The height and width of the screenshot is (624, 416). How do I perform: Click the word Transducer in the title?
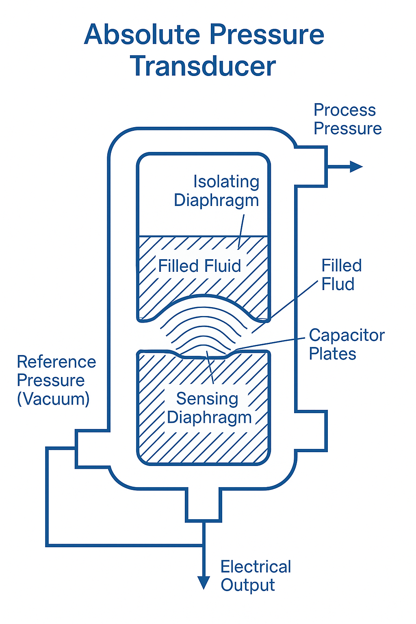(x=203, y=66)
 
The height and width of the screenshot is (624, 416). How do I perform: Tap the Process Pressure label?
(x=347, y=119)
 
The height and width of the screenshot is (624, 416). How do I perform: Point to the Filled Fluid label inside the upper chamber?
(x=199, y=266)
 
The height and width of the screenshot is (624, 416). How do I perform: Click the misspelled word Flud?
(x=338, y=284)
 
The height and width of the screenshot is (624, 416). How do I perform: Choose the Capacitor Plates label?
(x=346, y=344)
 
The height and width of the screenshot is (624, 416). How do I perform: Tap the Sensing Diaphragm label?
(x=209, y=408)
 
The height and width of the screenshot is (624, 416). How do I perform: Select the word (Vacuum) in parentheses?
(x=53, y=399)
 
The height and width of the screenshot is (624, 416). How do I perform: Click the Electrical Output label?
(x=256, y=576)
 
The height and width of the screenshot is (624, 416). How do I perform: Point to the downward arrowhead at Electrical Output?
(x=203, y=582)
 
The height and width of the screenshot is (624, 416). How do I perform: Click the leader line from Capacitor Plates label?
(x=270, y=343)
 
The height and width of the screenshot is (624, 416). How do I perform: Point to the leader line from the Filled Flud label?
(x=292, y=301)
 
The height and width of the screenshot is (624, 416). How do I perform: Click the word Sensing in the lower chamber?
(x=207, y=399)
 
